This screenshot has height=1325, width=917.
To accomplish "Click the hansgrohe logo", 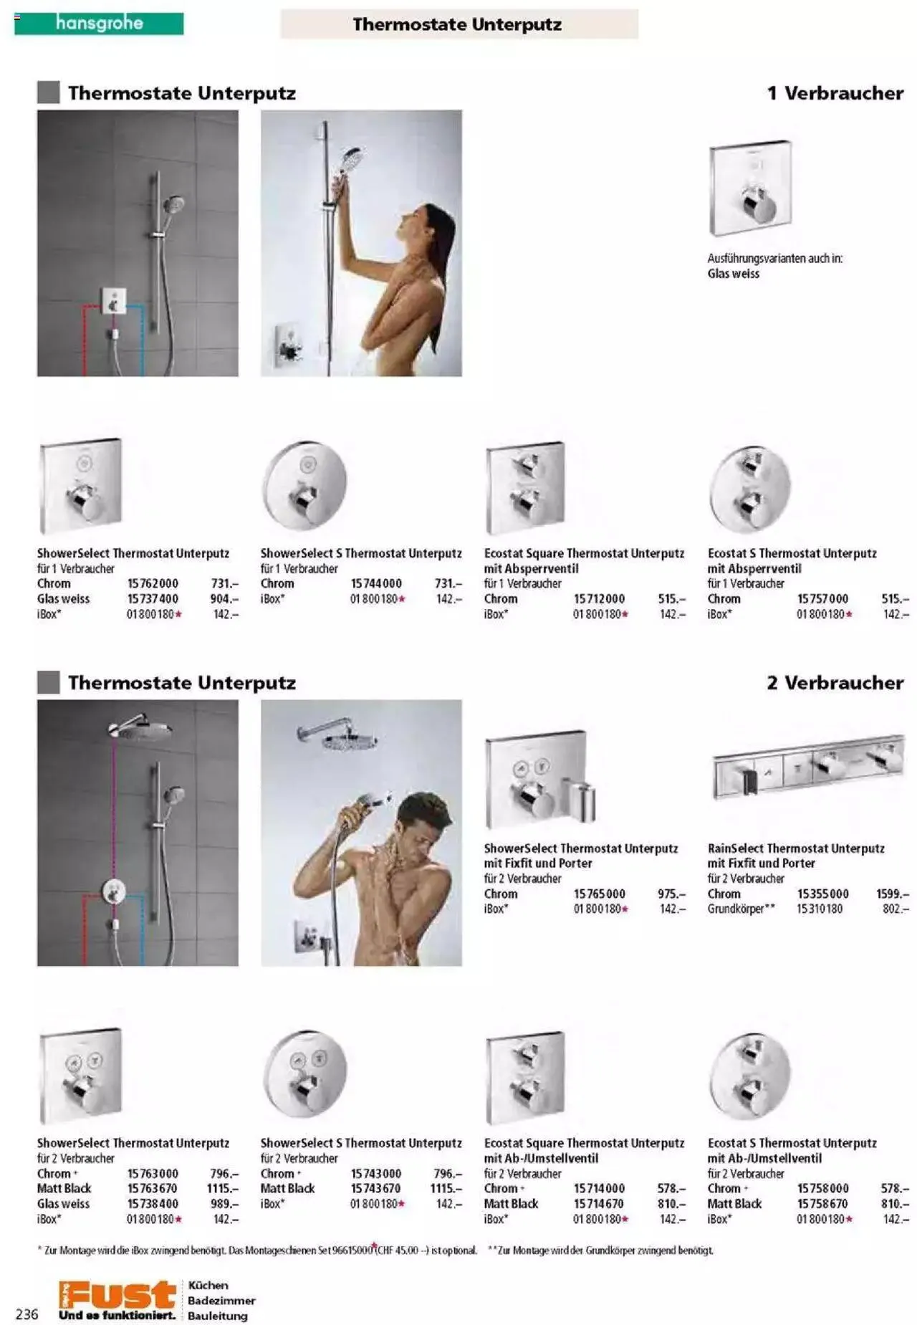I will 99,24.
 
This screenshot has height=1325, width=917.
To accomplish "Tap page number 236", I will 27,1314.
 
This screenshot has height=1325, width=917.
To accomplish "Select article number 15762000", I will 153,583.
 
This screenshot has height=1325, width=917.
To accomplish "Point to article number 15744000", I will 376,583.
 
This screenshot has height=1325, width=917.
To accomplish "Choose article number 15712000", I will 599,598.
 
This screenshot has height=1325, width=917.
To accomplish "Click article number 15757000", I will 822,598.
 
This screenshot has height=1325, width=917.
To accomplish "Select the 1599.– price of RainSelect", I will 892,894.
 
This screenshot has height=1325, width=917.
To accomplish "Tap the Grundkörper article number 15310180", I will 820,909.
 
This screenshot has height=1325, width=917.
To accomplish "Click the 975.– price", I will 671,894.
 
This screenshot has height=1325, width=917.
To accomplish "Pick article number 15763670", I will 153,1188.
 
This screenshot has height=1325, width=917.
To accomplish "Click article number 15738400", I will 153,1203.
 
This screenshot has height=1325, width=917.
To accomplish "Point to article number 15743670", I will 376,1188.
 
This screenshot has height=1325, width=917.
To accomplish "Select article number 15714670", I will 599,1203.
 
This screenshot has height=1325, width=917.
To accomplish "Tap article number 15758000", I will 822,1188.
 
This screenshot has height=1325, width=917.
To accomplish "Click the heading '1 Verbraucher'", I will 835,93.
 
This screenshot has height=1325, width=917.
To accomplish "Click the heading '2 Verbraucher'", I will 835,683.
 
